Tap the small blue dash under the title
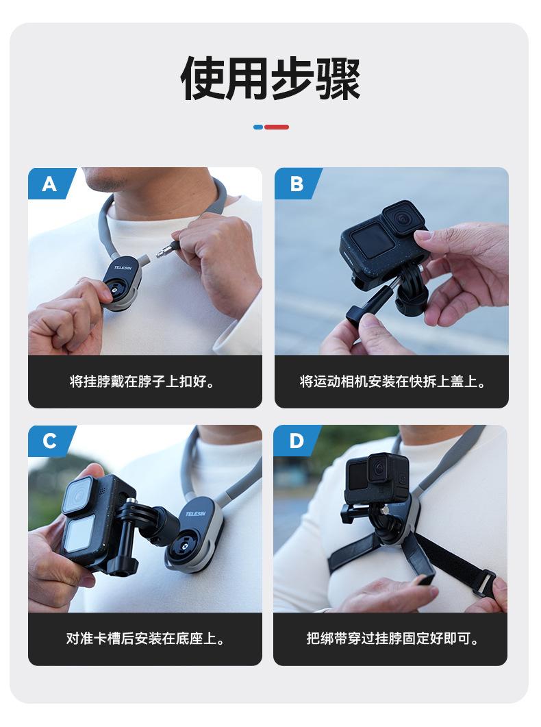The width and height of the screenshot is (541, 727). click(x=258, y=127)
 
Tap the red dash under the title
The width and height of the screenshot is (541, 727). click(x=277, y=127)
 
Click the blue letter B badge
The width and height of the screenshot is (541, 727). click(x=297, y=184)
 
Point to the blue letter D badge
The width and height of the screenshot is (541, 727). click(x=296, y=441)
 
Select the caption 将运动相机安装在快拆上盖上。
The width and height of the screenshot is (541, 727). click(x=392, y=382)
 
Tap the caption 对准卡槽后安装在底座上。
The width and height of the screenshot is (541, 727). click(x=145, y=639)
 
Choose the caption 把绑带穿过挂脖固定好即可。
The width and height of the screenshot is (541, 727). click(x=392, y=639)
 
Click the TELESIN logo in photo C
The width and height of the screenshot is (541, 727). click(x=196, y=514)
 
